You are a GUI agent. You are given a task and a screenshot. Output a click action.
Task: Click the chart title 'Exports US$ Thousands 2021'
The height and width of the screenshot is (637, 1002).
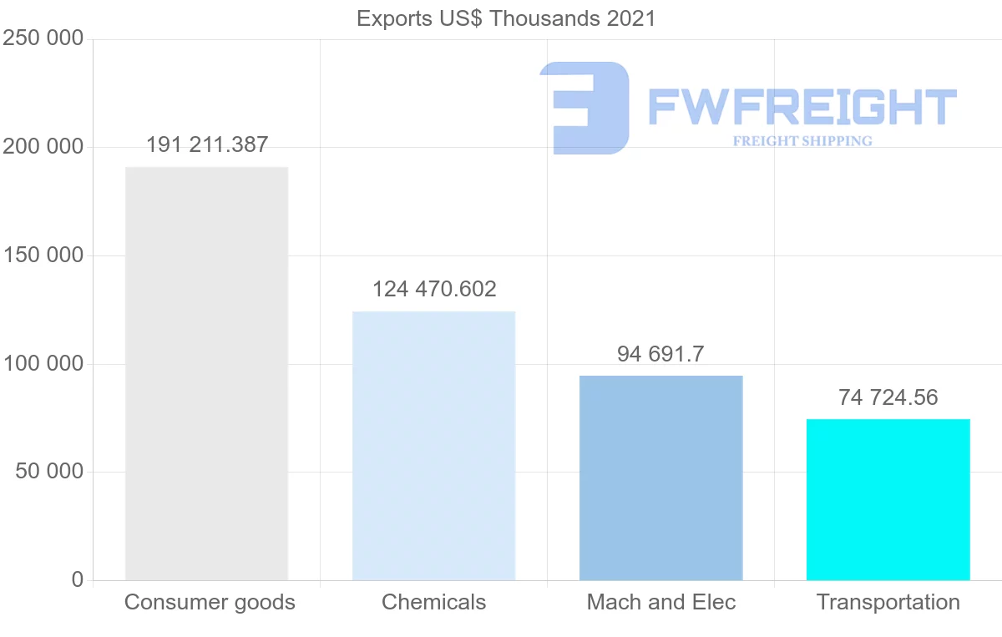pos(506,18)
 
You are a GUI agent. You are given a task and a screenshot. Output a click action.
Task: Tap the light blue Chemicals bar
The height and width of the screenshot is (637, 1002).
pos(433,446)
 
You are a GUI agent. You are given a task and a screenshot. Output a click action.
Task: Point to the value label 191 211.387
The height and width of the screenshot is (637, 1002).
pos(207,145)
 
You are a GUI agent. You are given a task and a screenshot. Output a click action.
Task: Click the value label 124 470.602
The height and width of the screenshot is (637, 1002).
pos(434,290)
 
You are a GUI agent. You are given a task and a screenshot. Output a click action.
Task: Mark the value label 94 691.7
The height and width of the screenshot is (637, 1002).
pos(660,354)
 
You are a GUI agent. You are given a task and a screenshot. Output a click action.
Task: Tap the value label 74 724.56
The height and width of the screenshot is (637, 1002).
pos(888,397)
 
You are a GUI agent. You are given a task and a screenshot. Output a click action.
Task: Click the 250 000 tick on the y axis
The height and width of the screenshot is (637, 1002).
pos(43,39)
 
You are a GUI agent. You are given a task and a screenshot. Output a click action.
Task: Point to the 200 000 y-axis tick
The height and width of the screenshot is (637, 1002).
pos(43,147)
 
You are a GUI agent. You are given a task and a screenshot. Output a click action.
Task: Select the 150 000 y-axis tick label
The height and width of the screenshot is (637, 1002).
pos(43,255)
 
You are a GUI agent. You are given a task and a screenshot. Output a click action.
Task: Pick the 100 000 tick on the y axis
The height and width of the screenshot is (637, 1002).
pos(43,364)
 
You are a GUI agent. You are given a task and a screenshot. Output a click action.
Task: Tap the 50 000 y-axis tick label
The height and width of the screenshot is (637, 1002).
pos(49,472)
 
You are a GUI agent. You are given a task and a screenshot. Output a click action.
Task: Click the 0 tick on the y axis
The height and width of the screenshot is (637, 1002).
pos(78,579)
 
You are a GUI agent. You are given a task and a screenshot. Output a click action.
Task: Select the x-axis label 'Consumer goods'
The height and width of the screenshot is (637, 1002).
pos(210,602)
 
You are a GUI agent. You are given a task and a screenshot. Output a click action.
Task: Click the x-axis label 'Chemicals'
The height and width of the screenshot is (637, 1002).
pos(433,602)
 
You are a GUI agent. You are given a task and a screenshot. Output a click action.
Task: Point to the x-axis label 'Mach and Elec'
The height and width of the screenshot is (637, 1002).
pos(660,602)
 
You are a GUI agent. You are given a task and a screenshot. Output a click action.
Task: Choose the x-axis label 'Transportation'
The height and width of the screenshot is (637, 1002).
pos(888,602)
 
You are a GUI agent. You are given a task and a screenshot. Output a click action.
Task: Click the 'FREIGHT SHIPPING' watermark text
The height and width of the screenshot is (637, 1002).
pos(802,141)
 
